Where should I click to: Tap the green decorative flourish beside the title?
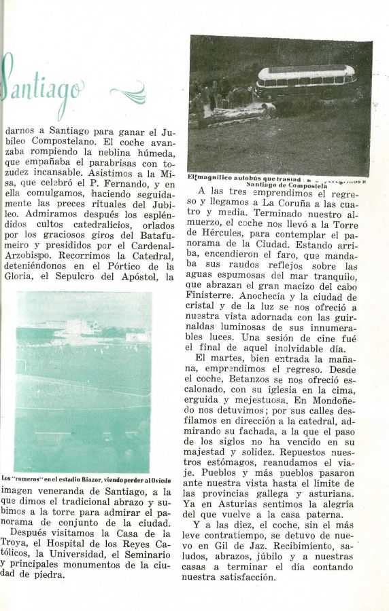[129, 92]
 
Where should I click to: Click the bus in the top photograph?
[305, 81]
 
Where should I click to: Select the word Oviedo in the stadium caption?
[161, 479]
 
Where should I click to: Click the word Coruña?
[303, 203]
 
